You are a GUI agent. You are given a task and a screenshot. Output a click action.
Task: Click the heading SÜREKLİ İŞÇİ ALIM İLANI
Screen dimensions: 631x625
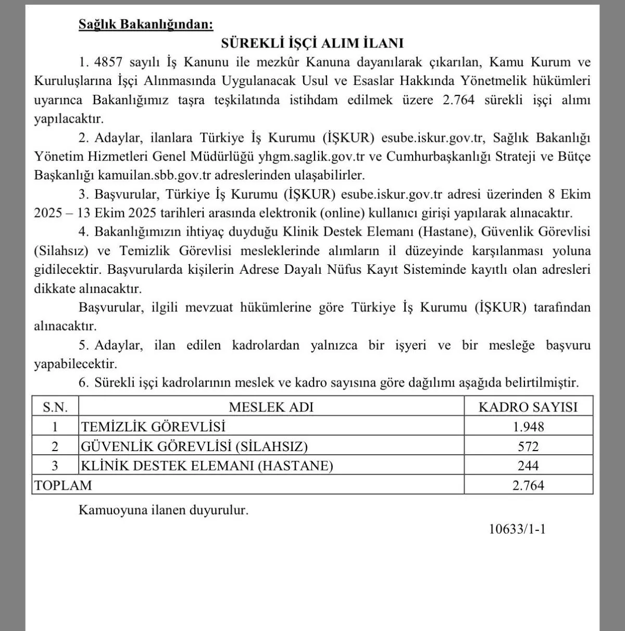tap(312, 43)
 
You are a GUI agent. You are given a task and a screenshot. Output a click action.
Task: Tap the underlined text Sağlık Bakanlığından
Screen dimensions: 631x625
tap(146, 24)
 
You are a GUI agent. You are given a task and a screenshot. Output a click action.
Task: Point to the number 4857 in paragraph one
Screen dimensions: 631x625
tap(108, 63)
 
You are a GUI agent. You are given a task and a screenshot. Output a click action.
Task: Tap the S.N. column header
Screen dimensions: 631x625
tap(55, 407)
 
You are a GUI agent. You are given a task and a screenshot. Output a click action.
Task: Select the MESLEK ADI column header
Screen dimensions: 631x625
tap(271, 407)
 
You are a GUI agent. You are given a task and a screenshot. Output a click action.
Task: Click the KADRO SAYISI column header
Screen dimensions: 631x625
tap(528, 407)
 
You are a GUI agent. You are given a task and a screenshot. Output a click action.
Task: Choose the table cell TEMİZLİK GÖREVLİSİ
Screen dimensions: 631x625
tap(153, 427)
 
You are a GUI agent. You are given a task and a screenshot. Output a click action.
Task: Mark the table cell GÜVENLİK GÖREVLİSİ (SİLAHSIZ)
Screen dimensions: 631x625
tap(194, 446)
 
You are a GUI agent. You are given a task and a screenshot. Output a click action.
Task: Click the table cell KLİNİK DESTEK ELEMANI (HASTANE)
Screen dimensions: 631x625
tap(207, 466)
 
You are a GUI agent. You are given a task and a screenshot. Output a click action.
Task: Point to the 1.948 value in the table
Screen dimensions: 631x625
tap(528, 427)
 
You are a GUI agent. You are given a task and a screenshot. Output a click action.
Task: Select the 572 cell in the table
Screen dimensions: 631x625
tap(528, 446)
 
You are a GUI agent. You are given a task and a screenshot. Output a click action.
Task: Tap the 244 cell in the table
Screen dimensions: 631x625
tap(528, 466)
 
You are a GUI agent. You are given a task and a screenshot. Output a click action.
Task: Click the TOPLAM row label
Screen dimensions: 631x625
tap(63, 486)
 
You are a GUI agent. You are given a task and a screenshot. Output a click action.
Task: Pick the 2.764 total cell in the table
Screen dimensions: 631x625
tap(528, 486)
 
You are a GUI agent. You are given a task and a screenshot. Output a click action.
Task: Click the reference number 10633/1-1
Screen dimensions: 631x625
tap(517, 529)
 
